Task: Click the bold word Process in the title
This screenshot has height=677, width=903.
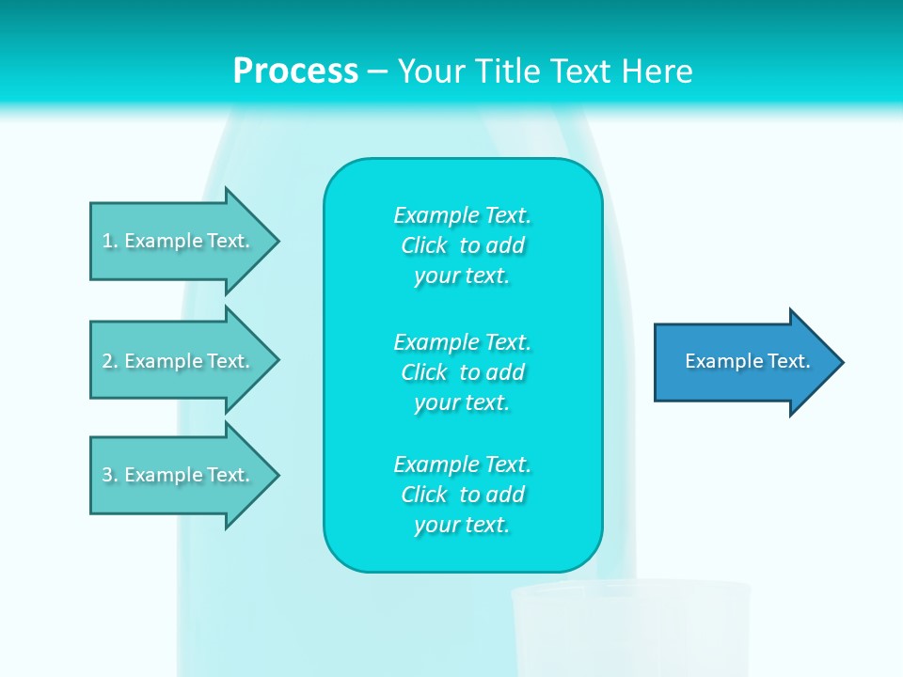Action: coord(295,71)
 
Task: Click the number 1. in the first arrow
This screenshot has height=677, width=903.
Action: coord(109,241)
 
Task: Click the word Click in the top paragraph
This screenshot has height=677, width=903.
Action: coord(424,245)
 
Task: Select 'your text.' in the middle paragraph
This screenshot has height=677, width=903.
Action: coord(462,402)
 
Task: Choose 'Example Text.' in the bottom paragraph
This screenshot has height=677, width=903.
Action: coord(462,464)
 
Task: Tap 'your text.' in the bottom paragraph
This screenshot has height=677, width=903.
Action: coord(462,525)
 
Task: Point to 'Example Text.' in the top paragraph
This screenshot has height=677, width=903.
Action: coord(462,215)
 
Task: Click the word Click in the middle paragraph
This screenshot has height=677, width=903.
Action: coord(424,372)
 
